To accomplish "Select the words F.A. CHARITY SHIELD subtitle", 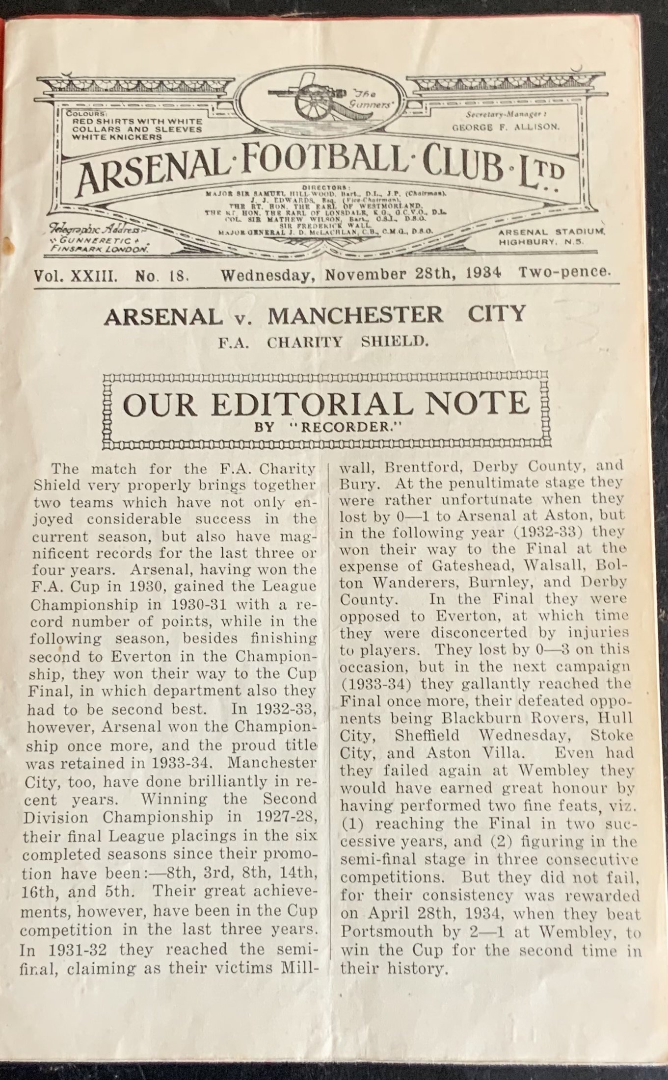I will coord(323,342).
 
